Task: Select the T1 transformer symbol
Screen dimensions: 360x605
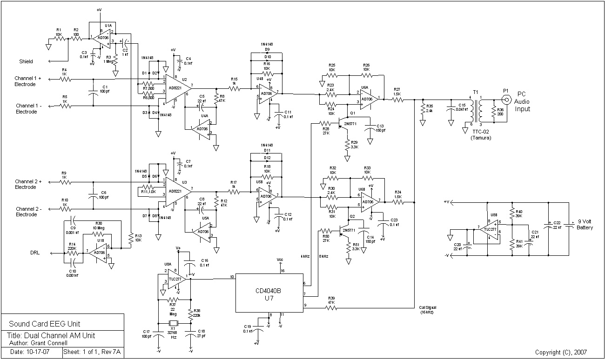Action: click(x=476, y=110)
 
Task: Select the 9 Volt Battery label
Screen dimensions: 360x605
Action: click(x=585, y=225)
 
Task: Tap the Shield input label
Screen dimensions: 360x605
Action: click(x=26, y=61)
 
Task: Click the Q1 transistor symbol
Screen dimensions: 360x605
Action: click(x=345, y=124)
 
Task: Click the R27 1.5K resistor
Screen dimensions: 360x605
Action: click(x=397, y=99)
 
